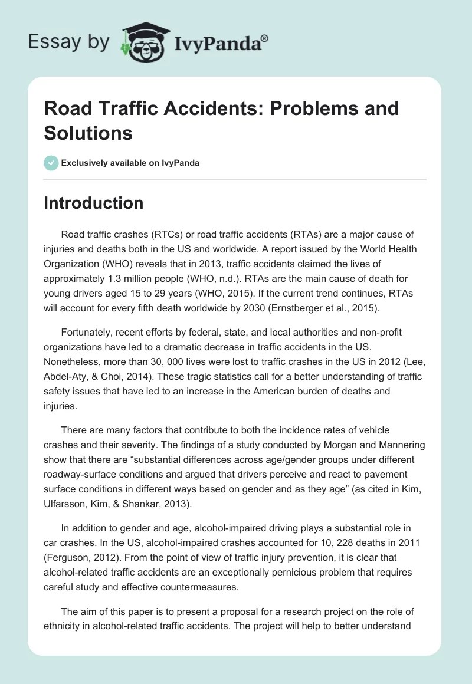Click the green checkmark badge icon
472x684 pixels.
point(51,163)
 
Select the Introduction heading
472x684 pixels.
point(93,203)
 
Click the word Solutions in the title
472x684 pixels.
point(88,133)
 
